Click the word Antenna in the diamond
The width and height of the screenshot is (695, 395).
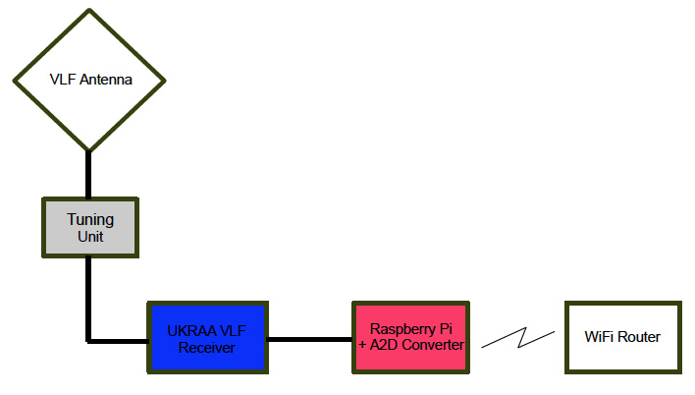[106, 80]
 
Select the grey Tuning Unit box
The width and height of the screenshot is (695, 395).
[90, 228]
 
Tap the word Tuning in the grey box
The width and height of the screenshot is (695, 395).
[90, 220]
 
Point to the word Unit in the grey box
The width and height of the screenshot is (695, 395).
[90, 237]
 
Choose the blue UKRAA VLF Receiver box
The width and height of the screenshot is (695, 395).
[208, 338]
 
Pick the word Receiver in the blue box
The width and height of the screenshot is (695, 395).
[206, 348]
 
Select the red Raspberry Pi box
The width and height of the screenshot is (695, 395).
[411, 338]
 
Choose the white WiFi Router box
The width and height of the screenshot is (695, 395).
[623, 338]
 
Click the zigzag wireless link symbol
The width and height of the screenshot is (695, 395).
[518, 338]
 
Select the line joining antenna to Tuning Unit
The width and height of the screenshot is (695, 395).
[88, 175]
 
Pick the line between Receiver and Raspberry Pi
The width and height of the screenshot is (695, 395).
[310, 340]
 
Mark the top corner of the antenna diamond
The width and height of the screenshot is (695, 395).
[89, 9]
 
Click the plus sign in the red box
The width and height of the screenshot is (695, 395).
[362, 345]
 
